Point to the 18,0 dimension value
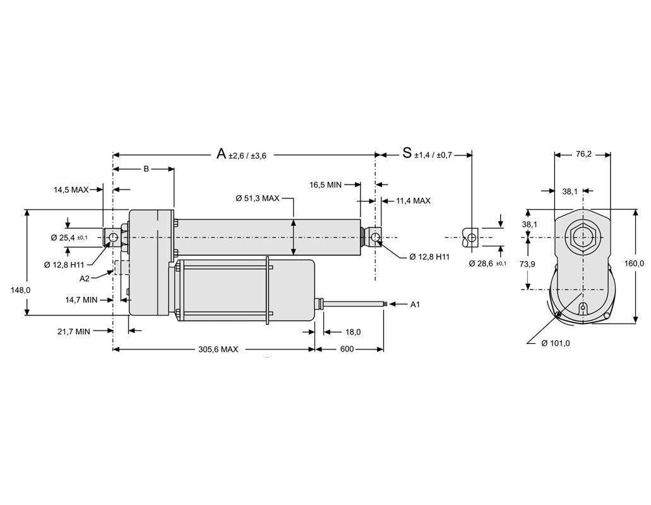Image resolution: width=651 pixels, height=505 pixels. click(x=353, y=332)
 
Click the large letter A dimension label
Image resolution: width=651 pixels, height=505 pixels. click(x=221, y=154)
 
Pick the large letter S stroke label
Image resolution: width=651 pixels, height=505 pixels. click(x=407, y=154)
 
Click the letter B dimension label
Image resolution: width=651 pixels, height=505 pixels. click(x=145, y=169)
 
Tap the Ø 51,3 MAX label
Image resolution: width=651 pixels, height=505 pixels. click(x=257, y=198)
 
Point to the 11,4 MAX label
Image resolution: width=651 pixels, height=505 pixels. click(x=413, y=200)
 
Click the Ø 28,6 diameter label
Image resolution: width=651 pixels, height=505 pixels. click(x=484, y=262)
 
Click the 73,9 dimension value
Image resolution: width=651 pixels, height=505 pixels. click(x=527, y=264)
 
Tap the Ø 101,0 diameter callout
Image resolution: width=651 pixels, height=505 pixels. click(x=556, y=343)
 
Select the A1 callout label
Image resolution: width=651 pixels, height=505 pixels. click(x=415, y=304)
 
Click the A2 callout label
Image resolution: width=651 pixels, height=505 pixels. click(x=85, y=277)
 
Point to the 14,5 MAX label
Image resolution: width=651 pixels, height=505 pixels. click(x=71, y=189)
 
